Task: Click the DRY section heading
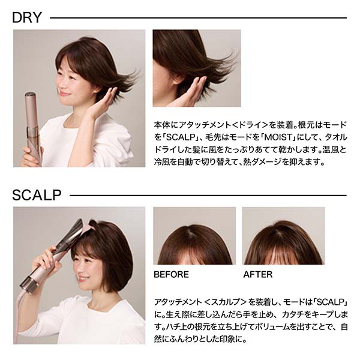tap(27, 17)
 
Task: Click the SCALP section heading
tap(37, 195)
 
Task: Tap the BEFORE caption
tap(171, 275)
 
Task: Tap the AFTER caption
tap(258, 275)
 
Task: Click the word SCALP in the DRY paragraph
tap(181, 138)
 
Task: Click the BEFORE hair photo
tap(194, 236)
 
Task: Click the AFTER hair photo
tap(284, 236)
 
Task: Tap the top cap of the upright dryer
tap(31, 94)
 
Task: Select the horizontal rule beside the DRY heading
tap(198, 18)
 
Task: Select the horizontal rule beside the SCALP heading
tap(208, 196)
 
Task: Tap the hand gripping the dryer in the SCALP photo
tap(46, 258)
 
